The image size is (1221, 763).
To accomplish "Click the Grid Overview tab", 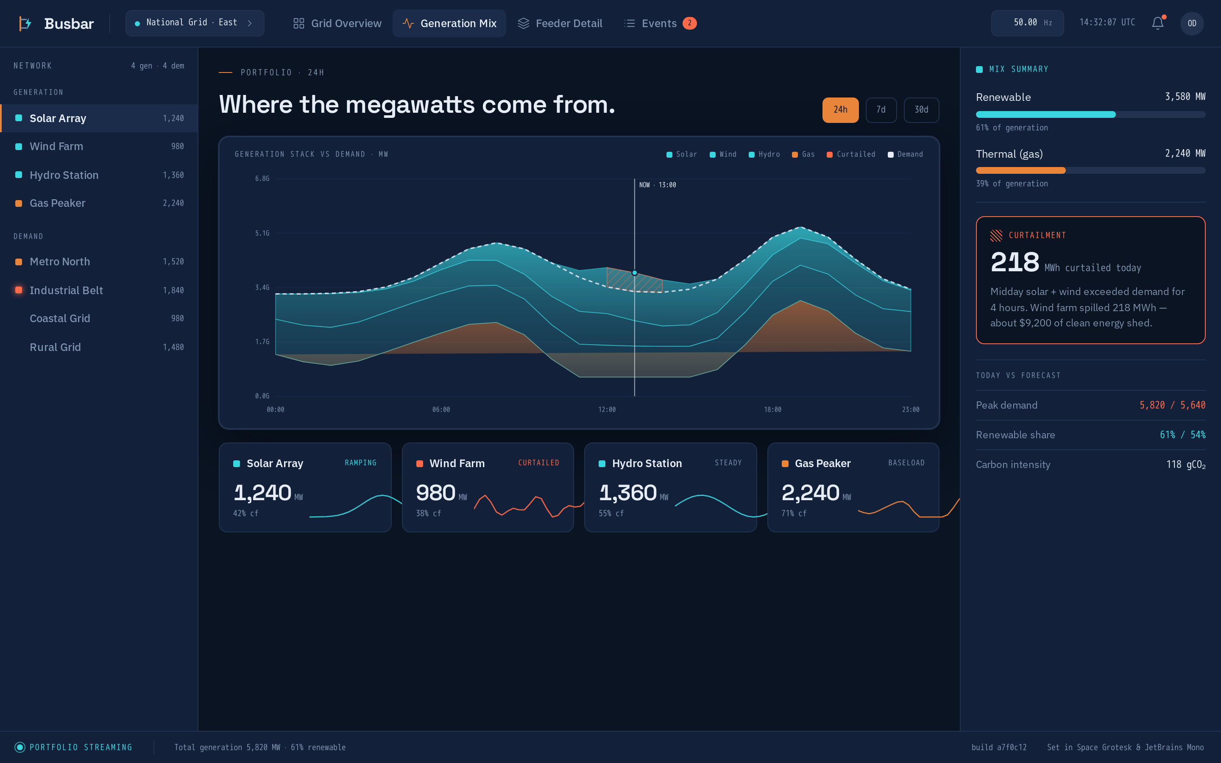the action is (x=337, y=23).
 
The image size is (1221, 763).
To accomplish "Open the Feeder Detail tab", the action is (x=560, y=23).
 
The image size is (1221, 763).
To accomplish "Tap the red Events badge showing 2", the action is (x=689, y=23).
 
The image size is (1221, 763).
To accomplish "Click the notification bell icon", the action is (x=1157, y=23).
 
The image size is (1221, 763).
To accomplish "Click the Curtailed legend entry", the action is (x=851, y=154).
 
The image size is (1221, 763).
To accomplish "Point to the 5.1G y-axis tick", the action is (x=262, y=233).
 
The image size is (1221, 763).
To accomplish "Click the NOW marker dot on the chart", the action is (x=634, y=273).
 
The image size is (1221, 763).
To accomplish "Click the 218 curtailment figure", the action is (x=1015, y=262).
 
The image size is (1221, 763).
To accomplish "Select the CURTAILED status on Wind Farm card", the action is (x=538, y=463).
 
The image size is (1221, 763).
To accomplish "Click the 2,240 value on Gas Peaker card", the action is (x=810, y=493).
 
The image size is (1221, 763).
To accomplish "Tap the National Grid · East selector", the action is (x=195, y=23).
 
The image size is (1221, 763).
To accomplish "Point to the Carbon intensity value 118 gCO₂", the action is (x=1186, y=465).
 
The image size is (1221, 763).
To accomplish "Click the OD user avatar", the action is (x=1192, y=23).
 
